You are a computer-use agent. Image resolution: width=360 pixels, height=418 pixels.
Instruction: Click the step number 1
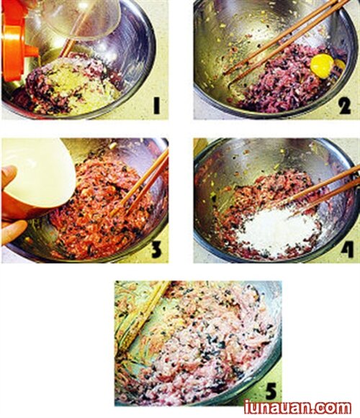[x=157, y=105]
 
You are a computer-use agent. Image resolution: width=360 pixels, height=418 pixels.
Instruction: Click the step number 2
[x=345, y=105]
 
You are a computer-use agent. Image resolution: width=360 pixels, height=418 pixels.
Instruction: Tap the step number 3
[x=157, y=250]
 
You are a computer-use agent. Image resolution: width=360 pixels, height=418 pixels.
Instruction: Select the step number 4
[x=347, y=250]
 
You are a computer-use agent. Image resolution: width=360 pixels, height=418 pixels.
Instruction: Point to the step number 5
[x=270, y=391]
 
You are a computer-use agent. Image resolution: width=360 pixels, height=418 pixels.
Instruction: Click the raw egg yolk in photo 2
[x=322, y=66]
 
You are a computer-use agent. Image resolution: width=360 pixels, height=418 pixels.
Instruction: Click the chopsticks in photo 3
[x=141, y=184]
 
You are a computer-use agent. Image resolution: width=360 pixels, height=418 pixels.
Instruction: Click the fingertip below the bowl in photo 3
[x=14, y=231]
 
